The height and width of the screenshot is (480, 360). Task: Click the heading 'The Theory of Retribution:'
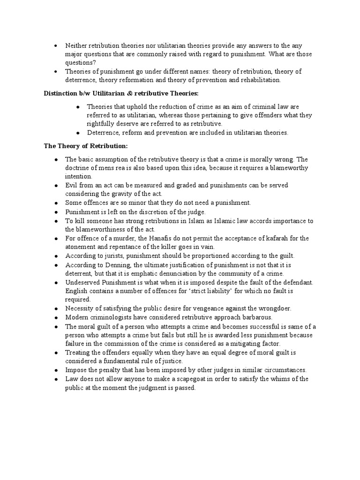coord(82,146)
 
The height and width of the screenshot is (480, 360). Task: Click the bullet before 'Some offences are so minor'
coord(55,203)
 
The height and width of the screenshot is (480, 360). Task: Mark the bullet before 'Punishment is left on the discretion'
coord(55,212)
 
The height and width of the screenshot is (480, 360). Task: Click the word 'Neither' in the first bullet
coord(76,45)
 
